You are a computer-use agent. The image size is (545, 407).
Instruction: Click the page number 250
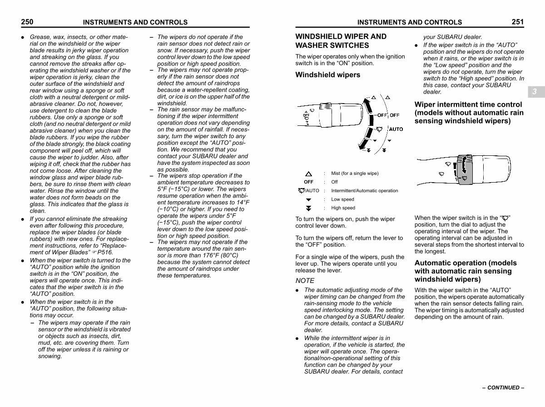27,21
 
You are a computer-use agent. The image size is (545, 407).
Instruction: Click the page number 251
517,21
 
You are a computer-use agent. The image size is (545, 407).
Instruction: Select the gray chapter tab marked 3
535,92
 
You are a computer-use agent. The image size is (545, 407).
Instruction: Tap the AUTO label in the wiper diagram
396,129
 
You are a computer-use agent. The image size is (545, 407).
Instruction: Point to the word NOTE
305,281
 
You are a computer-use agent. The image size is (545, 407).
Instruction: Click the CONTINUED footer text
503,387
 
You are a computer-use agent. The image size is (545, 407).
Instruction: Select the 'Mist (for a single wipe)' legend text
355,173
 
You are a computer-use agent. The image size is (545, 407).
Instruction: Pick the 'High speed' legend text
343,208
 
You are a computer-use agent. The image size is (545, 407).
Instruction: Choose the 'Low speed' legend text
343,199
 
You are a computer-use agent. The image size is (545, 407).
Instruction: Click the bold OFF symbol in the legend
309,182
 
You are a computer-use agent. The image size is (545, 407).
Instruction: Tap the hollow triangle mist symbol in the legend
309,173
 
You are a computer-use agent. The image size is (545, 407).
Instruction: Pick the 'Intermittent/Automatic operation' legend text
365,191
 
